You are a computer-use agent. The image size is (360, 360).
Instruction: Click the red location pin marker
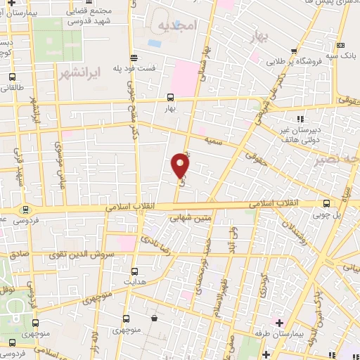click(180, 165)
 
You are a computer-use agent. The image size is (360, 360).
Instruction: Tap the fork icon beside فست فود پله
click(134, 58)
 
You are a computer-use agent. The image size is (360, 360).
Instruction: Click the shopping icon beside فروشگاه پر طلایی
click(298, 50)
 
